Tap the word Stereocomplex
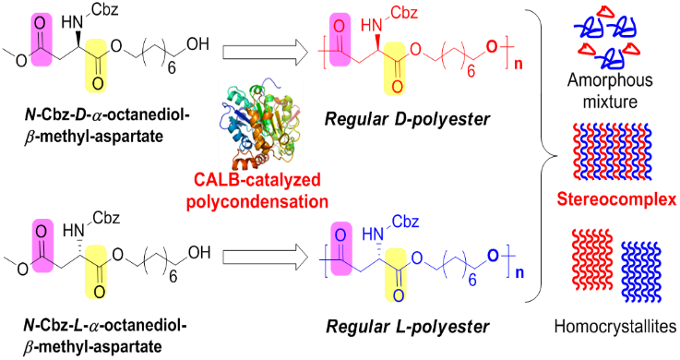click(616, 198)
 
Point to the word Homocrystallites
click(614, 326)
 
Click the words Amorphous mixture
click(610, 91)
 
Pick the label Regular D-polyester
click(408, 118)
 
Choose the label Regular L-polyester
click(408, 326)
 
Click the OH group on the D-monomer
click(197, 43)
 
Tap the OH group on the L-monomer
click(199, 252)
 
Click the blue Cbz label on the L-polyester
click(405, 222)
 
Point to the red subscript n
click(518, 65)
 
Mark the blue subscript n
click(519, 273)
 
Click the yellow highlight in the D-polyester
click(395, 67)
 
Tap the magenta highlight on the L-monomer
click(42, 246)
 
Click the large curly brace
click(543, 155)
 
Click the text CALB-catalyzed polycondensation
click(257, 191)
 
